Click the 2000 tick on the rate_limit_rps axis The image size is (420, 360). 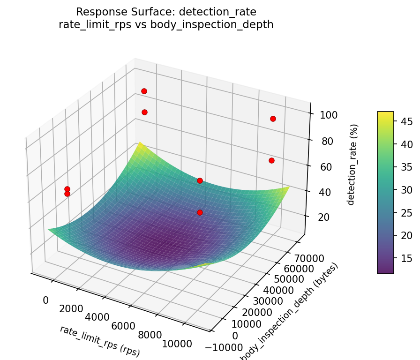click(x=71, y=308)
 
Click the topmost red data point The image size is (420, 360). click(x=144, y=91)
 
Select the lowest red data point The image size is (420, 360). click(x=200, y=212)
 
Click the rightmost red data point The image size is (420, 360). click(x=273, y=119)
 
